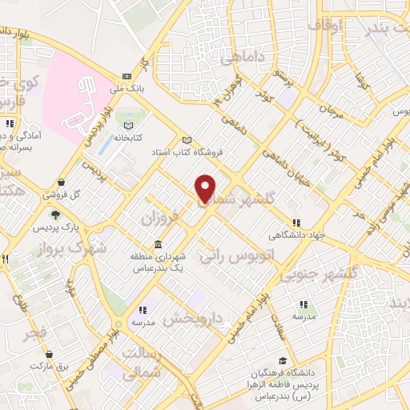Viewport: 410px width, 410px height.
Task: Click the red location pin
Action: coord(206,188)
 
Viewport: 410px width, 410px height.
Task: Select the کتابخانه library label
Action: coord(127,138)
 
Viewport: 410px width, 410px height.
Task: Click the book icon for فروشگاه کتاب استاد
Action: coord(187,138)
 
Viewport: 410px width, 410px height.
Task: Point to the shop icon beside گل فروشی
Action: coord(62,183)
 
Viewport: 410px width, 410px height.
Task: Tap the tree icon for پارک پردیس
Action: coord(55,214)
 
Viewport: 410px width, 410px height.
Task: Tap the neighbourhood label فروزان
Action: coord(157,218)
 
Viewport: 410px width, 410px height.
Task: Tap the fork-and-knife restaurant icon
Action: coord(4,259)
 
